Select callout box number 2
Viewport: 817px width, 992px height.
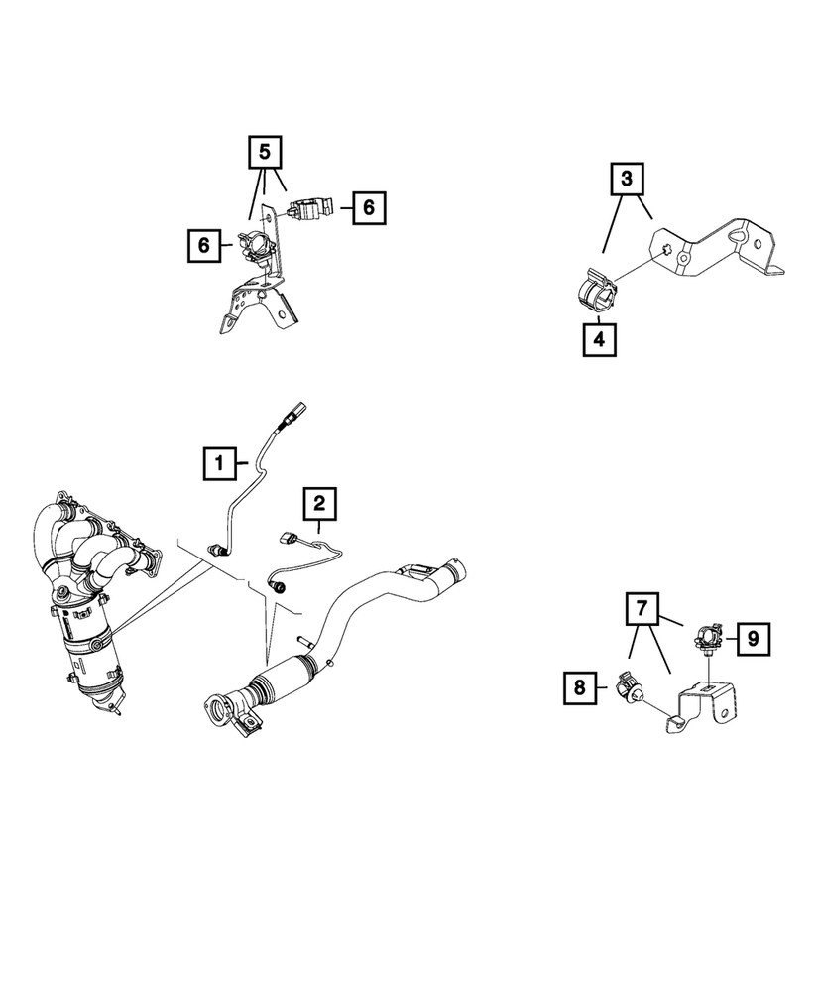click(319, 504)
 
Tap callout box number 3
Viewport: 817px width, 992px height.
click(627, 180)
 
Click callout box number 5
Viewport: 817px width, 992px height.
click(264, 152)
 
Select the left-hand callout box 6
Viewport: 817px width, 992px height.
click(203, 245)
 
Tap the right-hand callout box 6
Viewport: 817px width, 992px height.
click(369, 208)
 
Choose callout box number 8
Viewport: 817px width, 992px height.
click(582, 687)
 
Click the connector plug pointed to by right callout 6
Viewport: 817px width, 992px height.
click(309, 209)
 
